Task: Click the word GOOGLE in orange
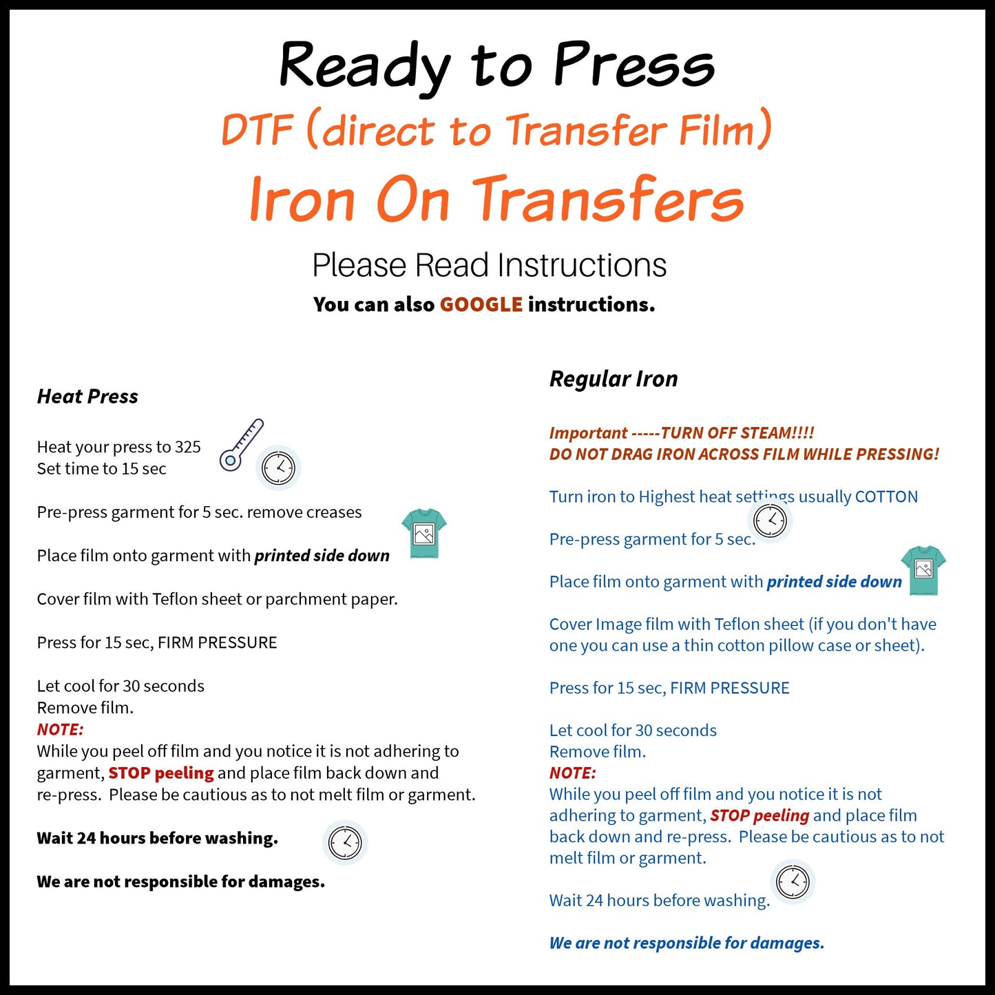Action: (x=481, y=304)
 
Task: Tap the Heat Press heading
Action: (x=87, y=397)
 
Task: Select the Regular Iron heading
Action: (x=614, y=379)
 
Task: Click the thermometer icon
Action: (x=241, y=445)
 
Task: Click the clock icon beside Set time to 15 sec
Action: (x=278, y=468)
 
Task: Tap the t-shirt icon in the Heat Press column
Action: (x=424, y=533)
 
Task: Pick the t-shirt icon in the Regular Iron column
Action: (x=923, y=569)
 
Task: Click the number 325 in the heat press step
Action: (x=187, y=447)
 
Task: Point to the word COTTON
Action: (x=886, y=496)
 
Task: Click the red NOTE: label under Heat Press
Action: (x=60, y=729)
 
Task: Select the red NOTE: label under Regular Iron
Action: (x=572, y=773)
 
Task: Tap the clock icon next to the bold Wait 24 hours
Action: (x=345, y=842)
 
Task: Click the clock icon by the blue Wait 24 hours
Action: (x=793, y=881)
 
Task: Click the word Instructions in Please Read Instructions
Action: (x=582, y=265)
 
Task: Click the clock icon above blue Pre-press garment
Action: (x=770, y=521)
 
